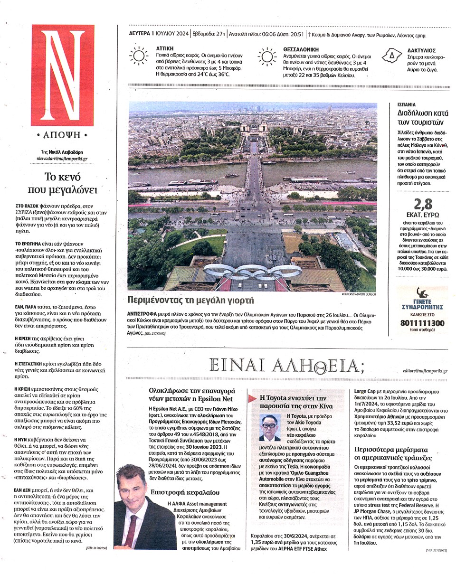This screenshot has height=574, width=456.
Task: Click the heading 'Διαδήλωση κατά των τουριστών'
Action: pyautogui.click(x=422, y=118)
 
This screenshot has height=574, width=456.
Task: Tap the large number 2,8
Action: pyautogui.click(x=423, y=204)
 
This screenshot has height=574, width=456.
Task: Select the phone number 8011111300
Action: pyautogui.click(x=423, y=323)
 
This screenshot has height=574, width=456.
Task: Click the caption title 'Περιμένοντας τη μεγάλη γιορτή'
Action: pyautogui.click(x=190, y=300)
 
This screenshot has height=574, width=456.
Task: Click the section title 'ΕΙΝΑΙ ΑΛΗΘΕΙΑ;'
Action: pyautogui.click(x=288, y=366)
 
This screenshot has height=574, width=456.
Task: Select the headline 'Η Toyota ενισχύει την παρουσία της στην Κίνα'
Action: pyautogui.click(x=293, y=402)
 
